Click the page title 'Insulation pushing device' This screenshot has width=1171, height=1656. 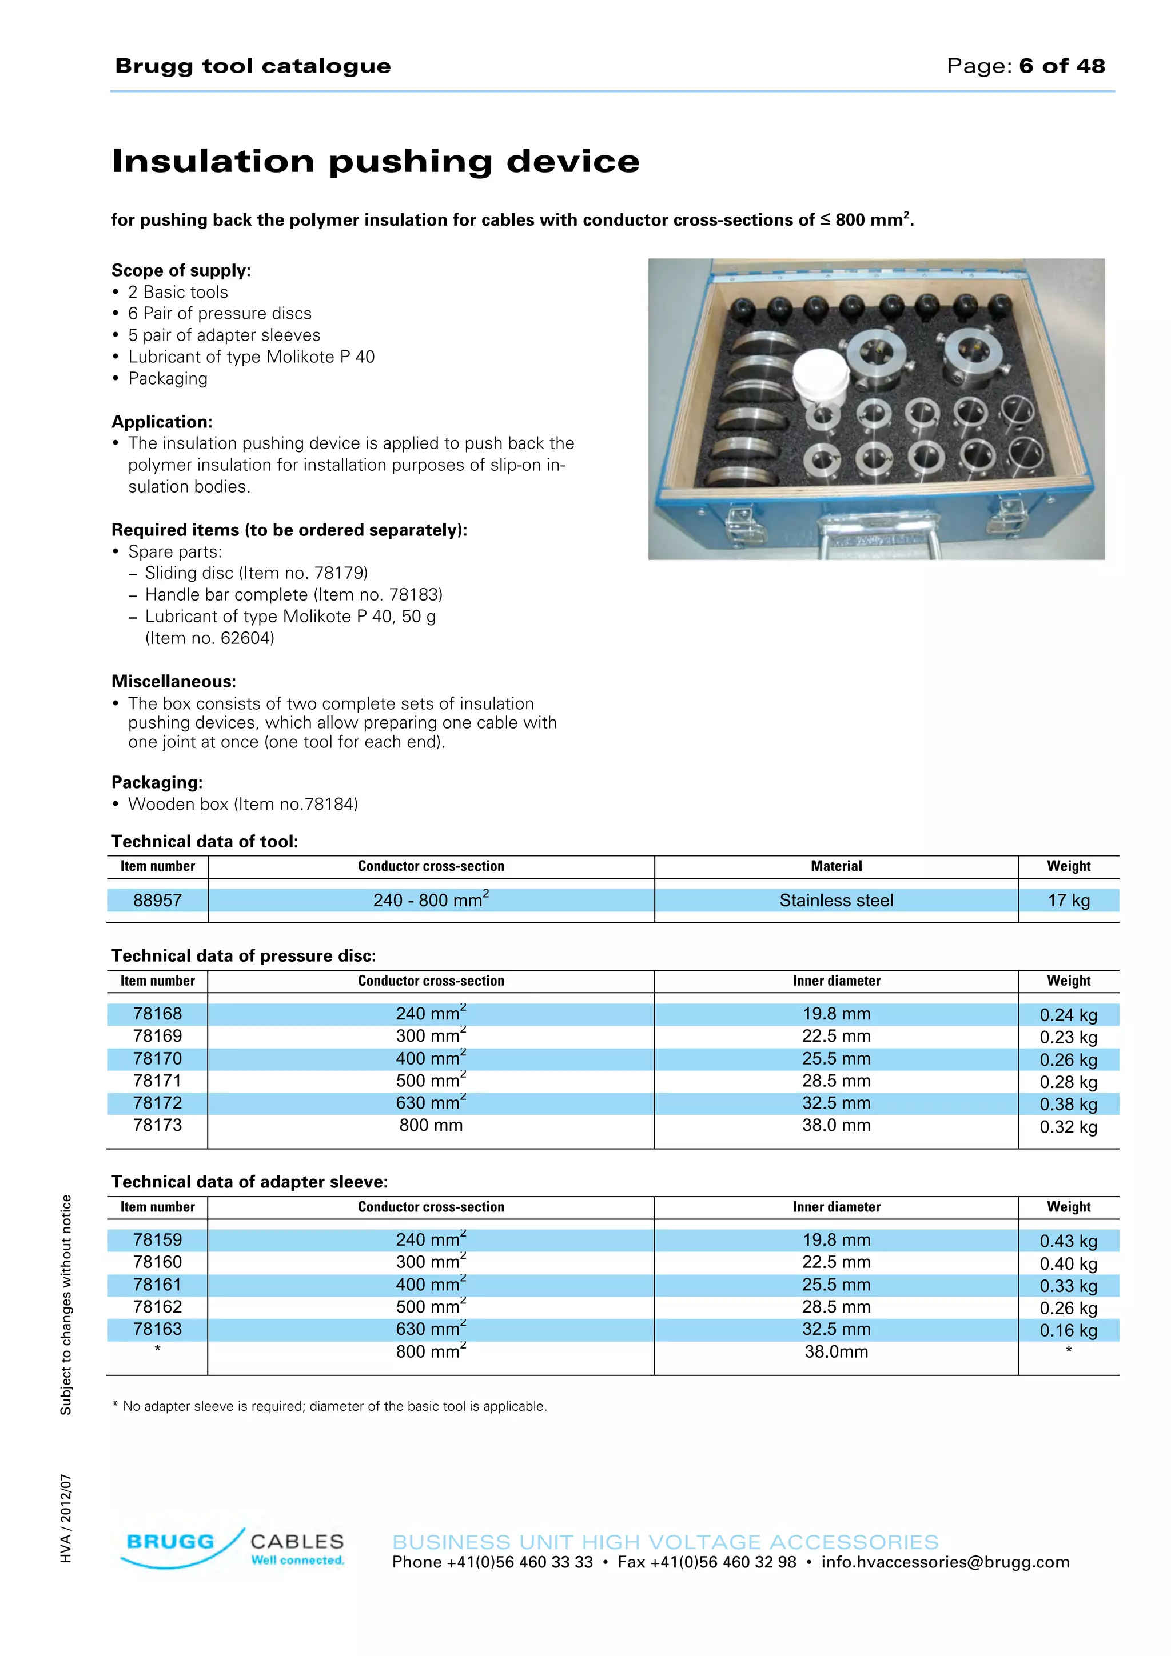pyautogui.click(x=375, y=161)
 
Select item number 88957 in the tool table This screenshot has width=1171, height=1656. pyautogui.click(x=157, y=900)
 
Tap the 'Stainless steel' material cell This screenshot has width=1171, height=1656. pyautogui.click(x=835, y=900)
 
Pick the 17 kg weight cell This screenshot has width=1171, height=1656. pyautogui.click(x=1068, y=900)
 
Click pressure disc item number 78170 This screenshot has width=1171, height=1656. pyautogui.click(x=157, y=1058)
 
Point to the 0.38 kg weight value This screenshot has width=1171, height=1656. pyautogui.click(x=1068, y=1104)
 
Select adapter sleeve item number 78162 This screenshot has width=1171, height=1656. pyautogui.click(x=157, y=1306)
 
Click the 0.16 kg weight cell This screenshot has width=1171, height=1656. pyautogui.click(x=1068, y=1330)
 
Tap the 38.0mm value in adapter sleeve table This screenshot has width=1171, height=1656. pyautogui.click(x=835, y=1351)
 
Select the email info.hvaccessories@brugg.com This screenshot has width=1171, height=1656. pyautogui.click(x=945, y=1562)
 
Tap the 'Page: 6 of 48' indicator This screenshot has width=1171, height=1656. pyautogui.click(x=1025, y=66)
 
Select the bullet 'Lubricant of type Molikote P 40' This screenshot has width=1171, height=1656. pyautogui.click(x=251, y=357)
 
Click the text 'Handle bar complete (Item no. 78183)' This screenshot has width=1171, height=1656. pyautogui.click(x=294, y=594)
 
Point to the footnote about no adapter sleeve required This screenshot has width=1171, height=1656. pyautogui.click(x=330, y=1406)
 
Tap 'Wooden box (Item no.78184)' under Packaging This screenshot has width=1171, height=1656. pyautogui.click(x=242, y=804)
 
